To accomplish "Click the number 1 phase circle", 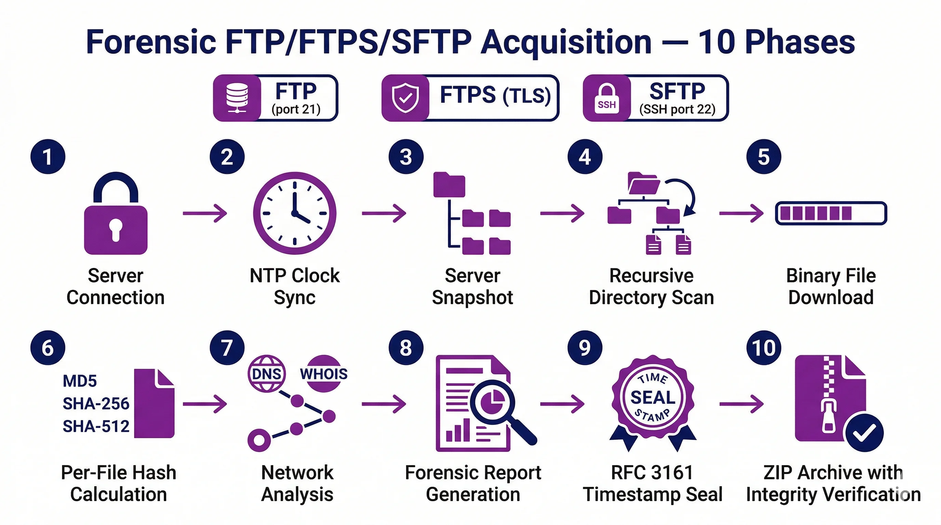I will pos(48,157).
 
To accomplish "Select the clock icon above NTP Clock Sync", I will pos(294,213).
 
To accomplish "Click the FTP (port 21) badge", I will pos(276,98).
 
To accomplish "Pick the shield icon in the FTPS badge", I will pos(405,98).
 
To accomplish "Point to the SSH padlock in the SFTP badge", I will pos(606,98).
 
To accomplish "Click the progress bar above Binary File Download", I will pos(831,213).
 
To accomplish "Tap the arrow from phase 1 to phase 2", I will pos(204,213).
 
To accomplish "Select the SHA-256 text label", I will pos(96,404).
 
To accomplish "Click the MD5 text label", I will pos(80,381).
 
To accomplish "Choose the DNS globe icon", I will pos(267,374).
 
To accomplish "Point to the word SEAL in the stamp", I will pos(653,398).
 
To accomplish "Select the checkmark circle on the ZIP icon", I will pos(864,433).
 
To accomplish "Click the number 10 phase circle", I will pos(764,348).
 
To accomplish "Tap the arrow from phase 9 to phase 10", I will pos(741,404).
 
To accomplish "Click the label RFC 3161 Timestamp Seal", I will pos(652,483).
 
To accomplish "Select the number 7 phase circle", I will pos(227,348).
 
